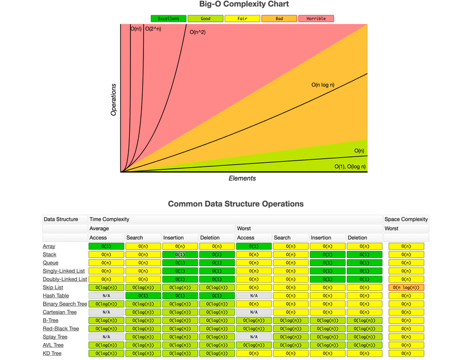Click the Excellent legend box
[x=169, y=19]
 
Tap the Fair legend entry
[x=242, y=19]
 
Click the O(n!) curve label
[x=136, y=28]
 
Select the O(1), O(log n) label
[x=350, y=166]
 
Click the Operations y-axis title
[x=114, y=99]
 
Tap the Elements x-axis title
[x=242, y=178]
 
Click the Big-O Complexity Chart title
[x=235, y=5]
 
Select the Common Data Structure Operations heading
[x=235, y=204]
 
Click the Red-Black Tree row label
[x=60, y=329]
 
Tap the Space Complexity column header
[x=406, y=219]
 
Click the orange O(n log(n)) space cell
[x=406, y=287]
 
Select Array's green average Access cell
[x=106, y=246]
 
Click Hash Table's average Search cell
[x=143, y=296]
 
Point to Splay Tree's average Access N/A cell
[x=106, y=337]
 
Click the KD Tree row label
[x=52, y=354]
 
